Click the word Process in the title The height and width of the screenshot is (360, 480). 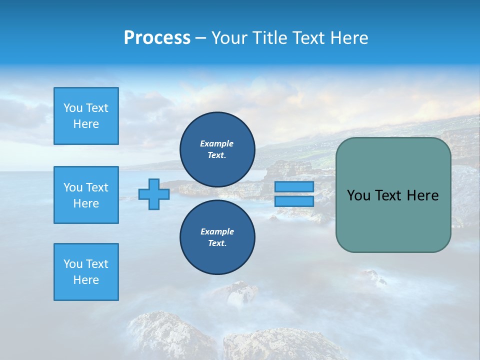[157, 38]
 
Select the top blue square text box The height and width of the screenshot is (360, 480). [86, 116]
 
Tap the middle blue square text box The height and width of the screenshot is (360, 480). [86, 195]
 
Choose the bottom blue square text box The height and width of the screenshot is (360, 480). [86, 272]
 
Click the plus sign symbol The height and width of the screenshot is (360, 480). [154, 194]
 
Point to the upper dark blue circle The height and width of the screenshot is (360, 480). [217, 149]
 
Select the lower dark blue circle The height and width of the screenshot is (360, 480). [217, 237]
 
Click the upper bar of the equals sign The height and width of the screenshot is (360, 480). [294, 186]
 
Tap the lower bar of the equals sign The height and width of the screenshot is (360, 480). [294, 201]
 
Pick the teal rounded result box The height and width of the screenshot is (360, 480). [393, 195]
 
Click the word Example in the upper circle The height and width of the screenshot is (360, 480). [217, 143]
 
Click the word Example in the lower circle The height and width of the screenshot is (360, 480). [217, 231]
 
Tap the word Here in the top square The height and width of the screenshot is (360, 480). [86, 124]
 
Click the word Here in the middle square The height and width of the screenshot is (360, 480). [86, 203]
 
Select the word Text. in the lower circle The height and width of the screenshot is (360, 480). [217, 243]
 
